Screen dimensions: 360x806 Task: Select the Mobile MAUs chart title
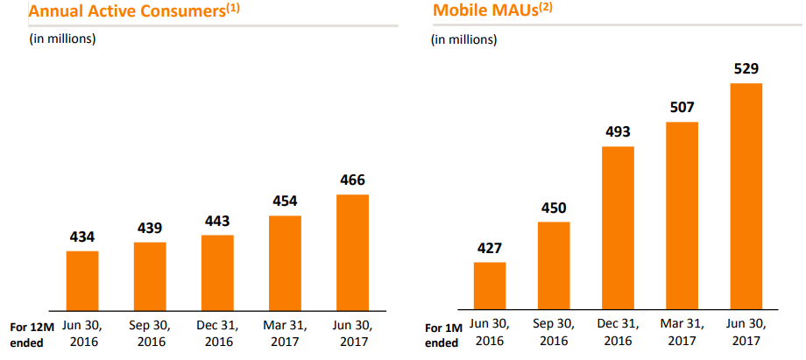491,11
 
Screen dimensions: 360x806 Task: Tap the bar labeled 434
82,279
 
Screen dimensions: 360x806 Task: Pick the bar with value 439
150,275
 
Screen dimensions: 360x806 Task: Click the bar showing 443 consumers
217,272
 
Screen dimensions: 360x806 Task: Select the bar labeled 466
352,251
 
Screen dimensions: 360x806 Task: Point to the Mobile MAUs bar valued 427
490,286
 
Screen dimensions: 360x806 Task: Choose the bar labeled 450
554,265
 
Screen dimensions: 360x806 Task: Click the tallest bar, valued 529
746,196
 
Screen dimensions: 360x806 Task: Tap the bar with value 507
682,215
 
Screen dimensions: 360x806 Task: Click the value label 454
285,201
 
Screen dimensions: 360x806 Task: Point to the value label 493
618,131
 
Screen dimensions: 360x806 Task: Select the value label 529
746,68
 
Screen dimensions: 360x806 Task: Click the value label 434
82,236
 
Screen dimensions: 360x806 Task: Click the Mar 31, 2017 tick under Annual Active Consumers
285,334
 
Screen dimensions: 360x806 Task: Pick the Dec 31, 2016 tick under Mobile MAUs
618,334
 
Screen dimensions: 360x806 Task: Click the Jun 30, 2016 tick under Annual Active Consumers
82,334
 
